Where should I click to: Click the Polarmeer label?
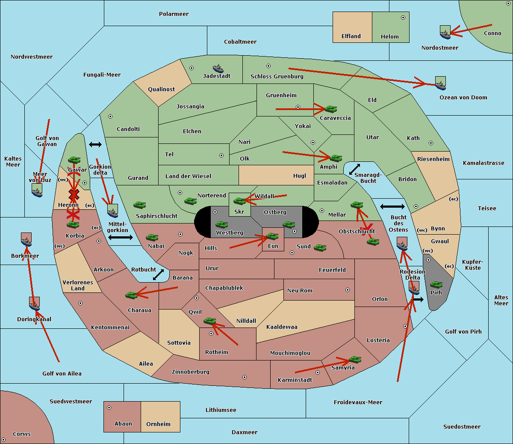pos(174,14)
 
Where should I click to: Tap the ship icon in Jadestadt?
pos(218,69)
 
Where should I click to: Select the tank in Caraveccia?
pos(330,109)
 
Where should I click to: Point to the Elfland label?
pos(351,36)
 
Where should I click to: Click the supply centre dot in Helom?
pos(403,18)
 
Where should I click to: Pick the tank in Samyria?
pos(355,359)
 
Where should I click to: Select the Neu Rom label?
pos(300,291)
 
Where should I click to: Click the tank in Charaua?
pos(131,295)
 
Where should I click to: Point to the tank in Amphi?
pos(336,158)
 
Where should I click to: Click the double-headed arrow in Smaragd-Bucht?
pos(355,169)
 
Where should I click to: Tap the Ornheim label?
pos(158,424)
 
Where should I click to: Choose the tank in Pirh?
pos(436,284)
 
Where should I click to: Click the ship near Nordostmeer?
pos(445,33)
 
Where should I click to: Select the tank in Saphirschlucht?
pos(139,205)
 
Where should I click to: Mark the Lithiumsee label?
pos(221,410)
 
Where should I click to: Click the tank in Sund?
pos(320,247)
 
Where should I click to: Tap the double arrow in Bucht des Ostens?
pos(392,207)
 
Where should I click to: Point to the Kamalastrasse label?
pos(484,163)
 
